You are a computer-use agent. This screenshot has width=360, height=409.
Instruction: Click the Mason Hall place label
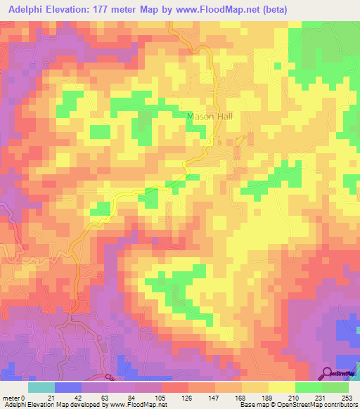[x=209, y=117]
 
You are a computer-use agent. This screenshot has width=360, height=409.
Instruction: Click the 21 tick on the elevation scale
[x=51, y=398]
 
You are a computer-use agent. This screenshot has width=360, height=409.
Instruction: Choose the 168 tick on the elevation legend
[x=239, y=398]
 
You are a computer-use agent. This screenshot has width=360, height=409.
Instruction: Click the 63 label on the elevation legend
[x=105, y=398]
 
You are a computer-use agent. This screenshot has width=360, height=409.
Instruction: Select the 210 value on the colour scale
[x=293, y=398]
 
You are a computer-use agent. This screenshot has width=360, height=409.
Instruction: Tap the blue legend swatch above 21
[x=68, y=387]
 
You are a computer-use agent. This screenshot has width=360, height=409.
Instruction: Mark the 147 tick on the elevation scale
[x=212, y=398]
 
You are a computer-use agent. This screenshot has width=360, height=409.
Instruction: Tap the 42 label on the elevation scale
[x=78, y=398]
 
